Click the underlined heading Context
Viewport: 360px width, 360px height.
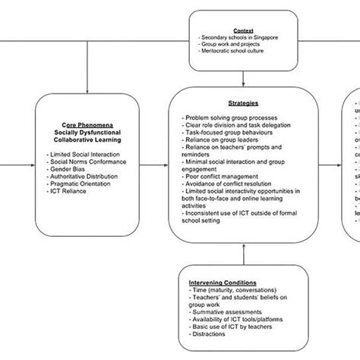point(242,30)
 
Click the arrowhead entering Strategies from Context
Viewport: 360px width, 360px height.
point(242,83)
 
